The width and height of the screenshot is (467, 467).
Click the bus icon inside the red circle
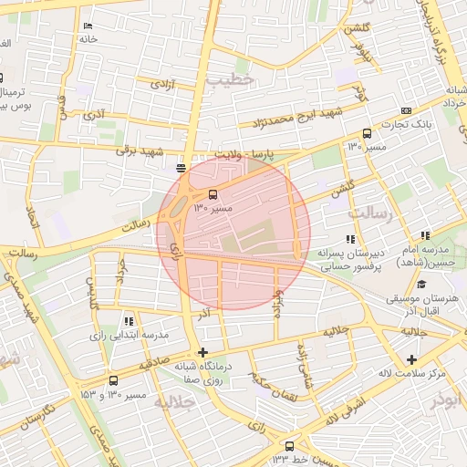click(x=213, y=194)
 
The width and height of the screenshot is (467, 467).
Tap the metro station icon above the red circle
click(x=181, y=168)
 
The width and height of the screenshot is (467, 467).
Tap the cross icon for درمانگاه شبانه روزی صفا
click(x=202, y=352)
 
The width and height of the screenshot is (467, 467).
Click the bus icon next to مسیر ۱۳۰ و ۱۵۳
click(x=113, y=380)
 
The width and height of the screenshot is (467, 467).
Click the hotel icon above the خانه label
click(x=87, y=26)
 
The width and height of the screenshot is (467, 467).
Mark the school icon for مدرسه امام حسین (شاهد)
click(x=425, y=236)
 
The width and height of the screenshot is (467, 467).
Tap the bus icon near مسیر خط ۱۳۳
click(x=290, y=446)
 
